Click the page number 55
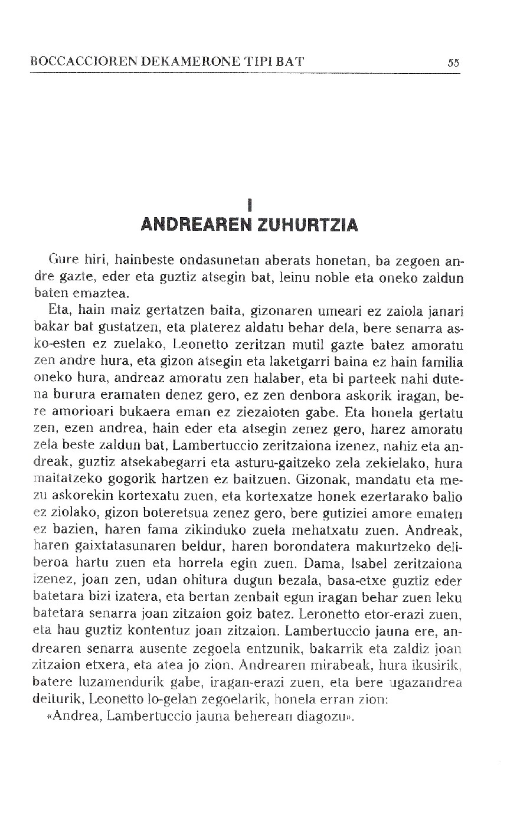(x=453, y=63)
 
